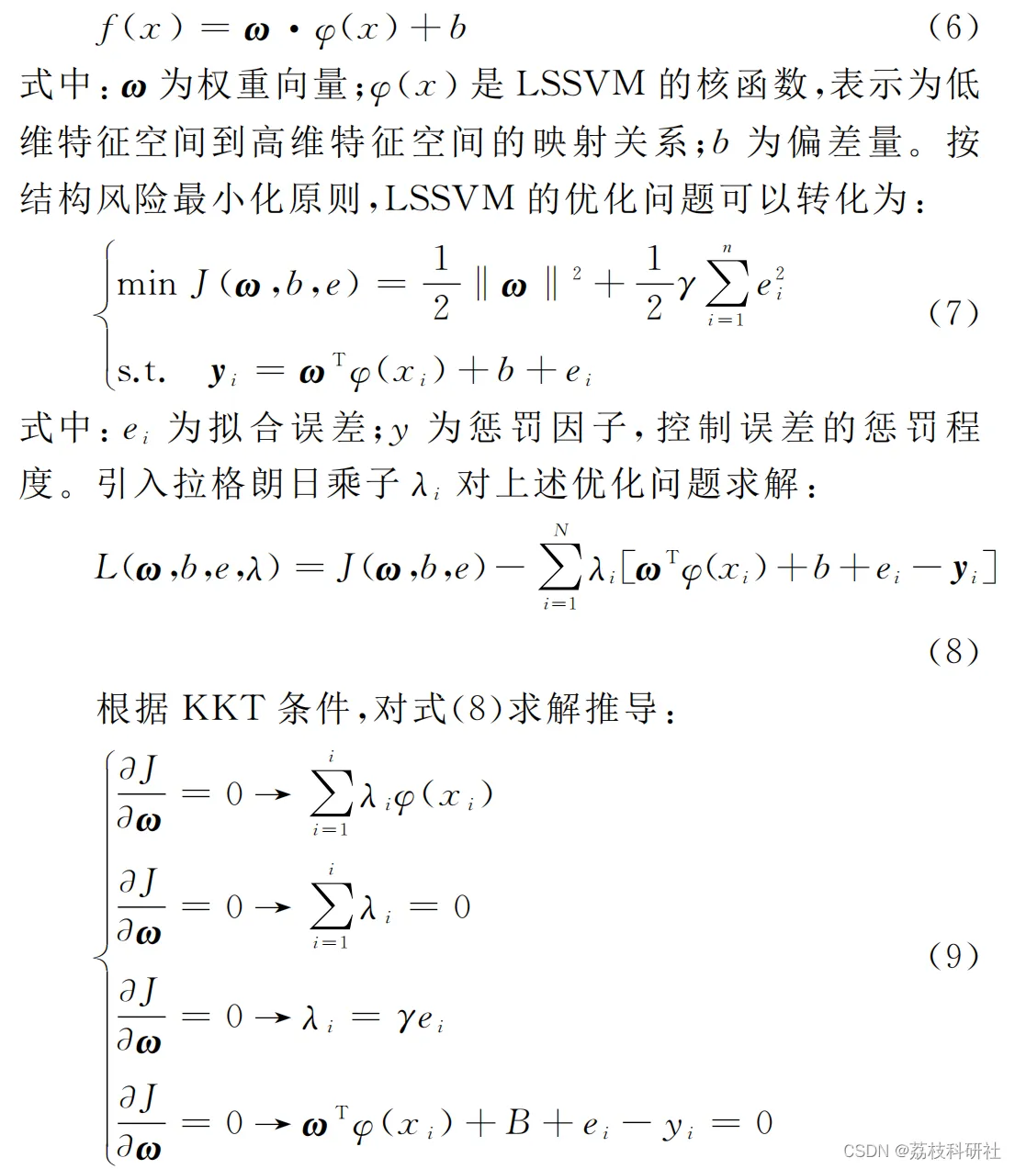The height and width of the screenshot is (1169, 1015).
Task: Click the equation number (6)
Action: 954,27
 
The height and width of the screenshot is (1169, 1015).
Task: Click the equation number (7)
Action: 954,313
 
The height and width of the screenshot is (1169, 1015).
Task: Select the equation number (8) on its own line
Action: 954,652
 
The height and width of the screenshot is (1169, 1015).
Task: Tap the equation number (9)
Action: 954,956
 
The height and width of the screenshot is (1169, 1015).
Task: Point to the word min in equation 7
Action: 146,284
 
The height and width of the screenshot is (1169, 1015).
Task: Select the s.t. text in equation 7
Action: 141,372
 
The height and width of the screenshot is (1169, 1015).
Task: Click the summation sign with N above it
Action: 560,568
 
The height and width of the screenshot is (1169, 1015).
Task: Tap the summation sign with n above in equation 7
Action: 727,285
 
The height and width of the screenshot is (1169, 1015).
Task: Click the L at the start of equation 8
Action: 107,567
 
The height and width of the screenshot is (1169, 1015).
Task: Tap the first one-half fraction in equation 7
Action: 441,283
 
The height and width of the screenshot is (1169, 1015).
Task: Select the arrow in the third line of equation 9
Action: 273,1017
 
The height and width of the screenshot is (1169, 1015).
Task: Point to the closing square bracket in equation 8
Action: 989,569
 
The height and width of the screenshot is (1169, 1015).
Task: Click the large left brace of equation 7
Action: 103,314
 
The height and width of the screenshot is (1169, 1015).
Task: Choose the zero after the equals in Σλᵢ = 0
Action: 462,907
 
